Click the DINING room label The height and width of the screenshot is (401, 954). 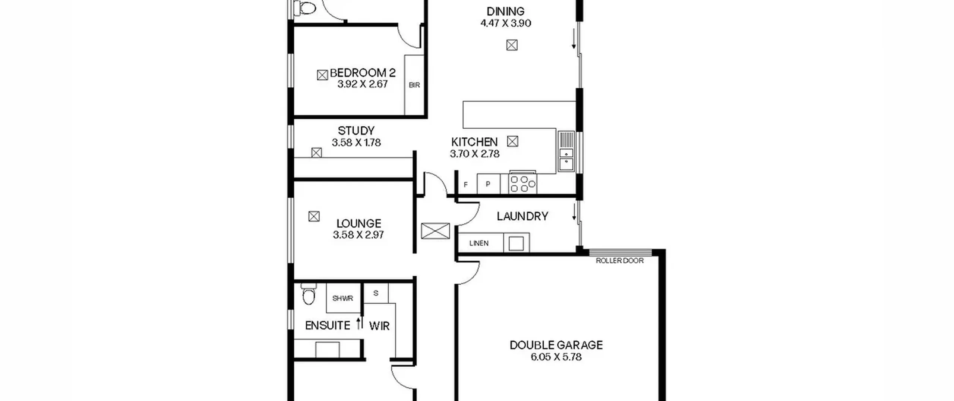click(506, 11)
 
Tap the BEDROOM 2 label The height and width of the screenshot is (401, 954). click(363, 72)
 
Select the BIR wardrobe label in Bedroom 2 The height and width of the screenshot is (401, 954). click(414, 85)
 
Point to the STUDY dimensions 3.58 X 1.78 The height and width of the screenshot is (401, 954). click(356, 142)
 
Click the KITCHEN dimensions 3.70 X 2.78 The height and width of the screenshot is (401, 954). click(474, 154)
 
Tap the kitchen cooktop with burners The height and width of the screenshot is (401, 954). click(523, 183)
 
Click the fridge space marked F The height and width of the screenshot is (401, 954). click(465, 184)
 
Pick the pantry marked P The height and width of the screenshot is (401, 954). click(488, 184)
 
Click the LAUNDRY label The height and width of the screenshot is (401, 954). click(522, 216)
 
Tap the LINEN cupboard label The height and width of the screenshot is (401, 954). click(479, 243)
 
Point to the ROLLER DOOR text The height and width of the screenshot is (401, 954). click(620, 261)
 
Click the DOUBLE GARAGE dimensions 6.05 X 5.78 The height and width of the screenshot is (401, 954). click(556, 357)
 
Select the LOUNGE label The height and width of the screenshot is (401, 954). click(358, 223)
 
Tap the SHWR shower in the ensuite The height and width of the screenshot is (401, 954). click(343, 298)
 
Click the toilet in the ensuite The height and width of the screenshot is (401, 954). click(308, 294)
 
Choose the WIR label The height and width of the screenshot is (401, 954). click(379, 326)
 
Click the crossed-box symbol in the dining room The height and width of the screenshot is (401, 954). click(512, 45)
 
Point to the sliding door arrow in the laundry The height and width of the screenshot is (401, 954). click(574, 212)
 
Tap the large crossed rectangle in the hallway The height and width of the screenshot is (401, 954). click(435, 231)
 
